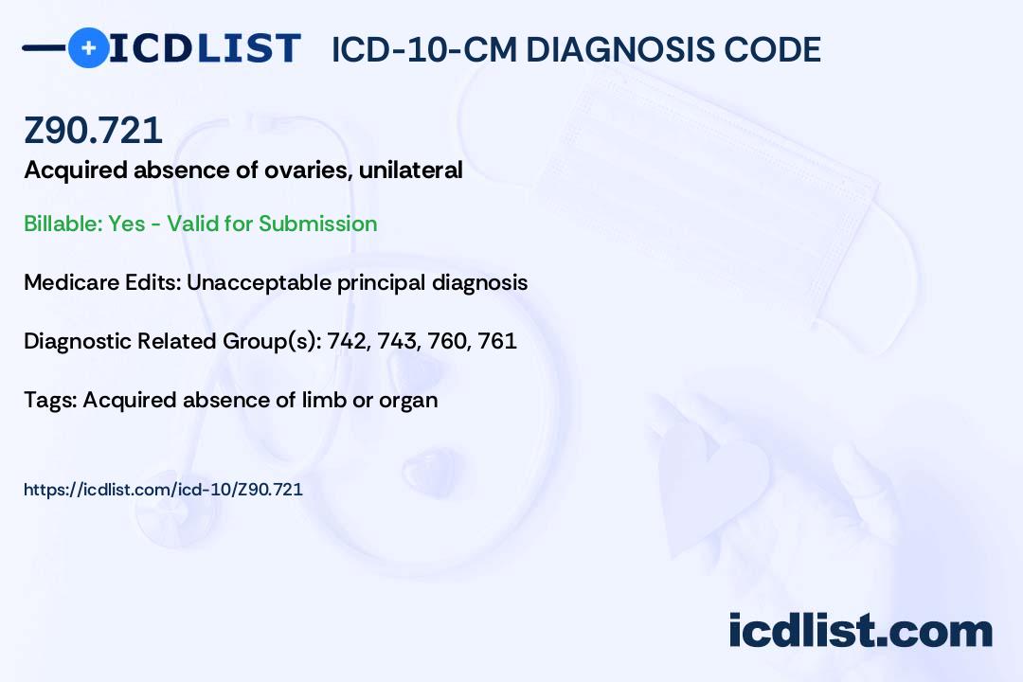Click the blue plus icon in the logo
tap(88, 47)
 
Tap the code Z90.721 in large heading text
tap(93, 131)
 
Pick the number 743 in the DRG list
tap(398, 341)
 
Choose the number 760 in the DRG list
tap(449, 341)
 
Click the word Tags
tap(48, 400)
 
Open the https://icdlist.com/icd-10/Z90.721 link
tap(163, 490)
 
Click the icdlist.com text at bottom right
tap(860, 631)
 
